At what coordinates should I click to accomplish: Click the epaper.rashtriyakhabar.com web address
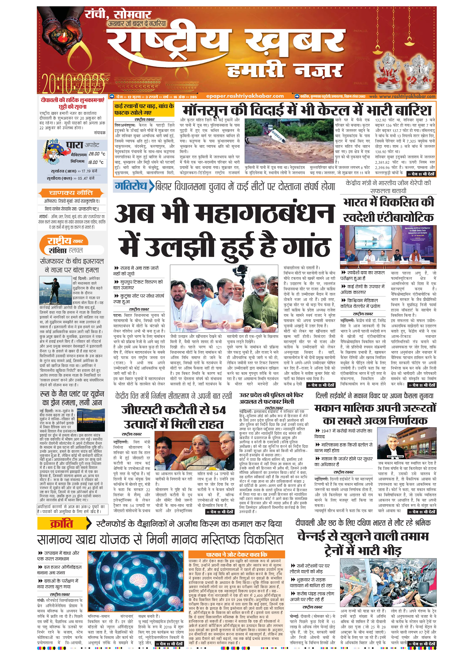click(245, 96)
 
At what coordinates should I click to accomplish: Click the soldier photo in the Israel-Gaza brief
click(55, 290)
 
